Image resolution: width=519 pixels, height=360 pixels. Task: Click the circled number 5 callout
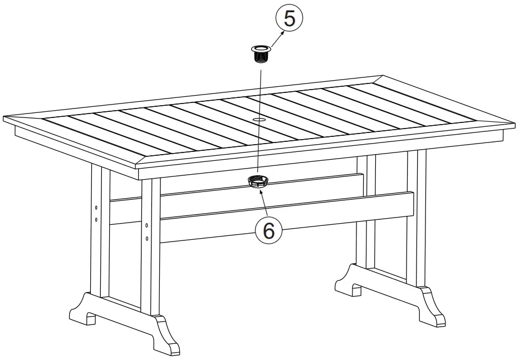[289, 18]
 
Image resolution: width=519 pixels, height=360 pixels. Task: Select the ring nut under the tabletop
[258, 181]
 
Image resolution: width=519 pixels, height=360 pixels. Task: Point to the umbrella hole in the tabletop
[260, 120]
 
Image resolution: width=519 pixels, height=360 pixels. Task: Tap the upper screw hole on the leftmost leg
[96, 207]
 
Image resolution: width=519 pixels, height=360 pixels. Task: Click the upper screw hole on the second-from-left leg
[146, 225]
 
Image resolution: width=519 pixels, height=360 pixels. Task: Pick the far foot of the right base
[349, 282]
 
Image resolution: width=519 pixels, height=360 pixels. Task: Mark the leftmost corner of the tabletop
[4, 119]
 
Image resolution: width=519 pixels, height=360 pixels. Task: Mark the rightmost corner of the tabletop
[513, 124]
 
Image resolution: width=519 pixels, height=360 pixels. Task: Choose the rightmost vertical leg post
[417, 217]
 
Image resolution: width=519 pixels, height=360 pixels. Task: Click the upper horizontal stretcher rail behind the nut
[312, 187]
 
